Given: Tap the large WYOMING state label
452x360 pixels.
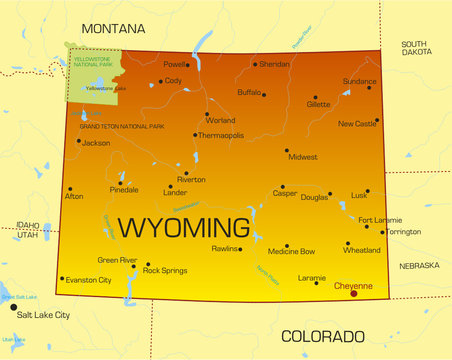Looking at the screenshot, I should coord(185,227).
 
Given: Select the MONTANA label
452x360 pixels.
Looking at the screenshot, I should coord(112,30).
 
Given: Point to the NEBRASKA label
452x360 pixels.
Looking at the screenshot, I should coord(419,266).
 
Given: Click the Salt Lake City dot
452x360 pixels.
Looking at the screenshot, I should coord(13,315).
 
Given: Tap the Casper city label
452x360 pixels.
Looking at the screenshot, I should coord(285,194).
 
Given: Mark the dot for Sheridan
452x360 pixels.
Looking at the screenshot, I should coord(255,64).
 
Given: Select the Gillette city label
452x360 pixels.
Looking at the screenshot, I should coord(318,104).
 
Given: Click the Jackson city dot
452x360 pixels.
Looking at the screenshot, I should coord(78,141).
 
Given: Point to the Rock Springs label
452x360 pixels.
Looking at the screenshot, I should coord(165,270).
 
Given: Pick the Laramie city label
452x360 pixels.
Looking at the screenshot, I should coord(312,277).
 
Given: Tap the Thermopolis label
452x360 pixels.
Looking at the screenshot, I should coord(220,135).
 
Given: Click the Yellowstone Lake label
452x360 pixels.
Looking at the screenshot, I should coord(106,89).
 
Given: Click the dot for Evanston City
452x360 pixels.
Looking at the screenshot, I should coord(62,279).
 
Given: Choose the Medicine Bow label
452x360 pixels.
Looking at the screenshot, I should coord(292,252).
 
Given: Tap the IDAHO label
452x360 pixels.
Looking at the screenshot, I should coord(28,225).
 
